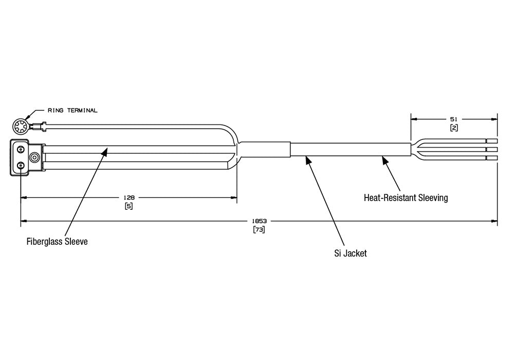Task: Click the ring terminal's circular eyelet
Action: pyautogui.click(x=21, y=126)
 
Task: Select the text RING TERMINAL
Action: pyautogui.click(x=72, y=111)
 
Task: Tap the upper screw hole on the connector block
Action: pyautogui.click(x=21, y=149)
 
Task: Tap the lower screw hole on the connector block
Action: pyautogui.click(x=21, y=166)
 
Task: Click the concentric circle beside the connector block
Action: pyautogui.click(x=35, y=157)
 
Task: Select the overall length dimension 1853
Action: pyautogui.click(x=259, y=222)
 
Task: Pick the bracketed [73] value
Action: pyautogui.click(x=259, y=230)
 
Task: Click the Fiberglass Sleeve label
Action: pyautogui.click(x=57, y=241)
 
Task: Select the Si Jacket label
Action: pyautogui.click(x=350, y=253)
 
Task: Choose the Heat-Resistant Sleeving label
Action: pyautogui.click(x=406, y=197)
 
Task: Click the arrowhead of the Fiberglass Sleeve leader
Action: pyautogui.click(x=105, y=150)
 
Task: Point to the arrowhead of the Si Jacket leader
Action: pyautogui.click(x=308, y=159)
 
